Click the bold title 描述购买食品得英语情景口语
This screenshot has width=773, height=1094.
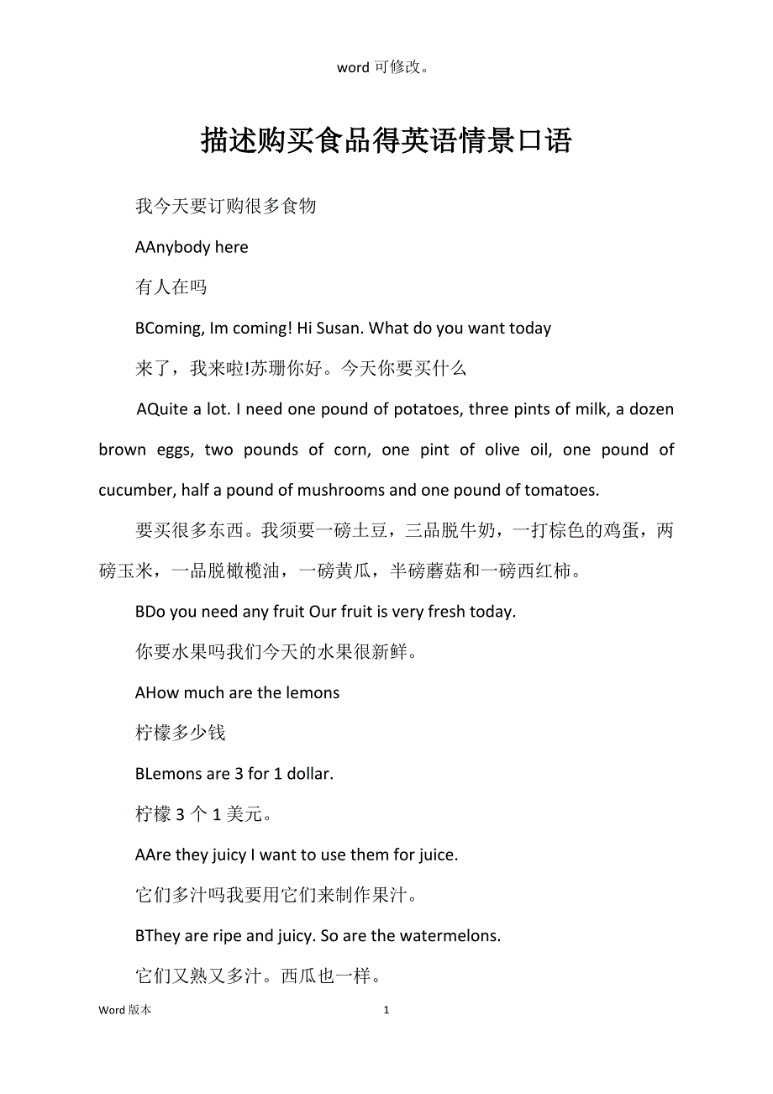(x=386, y=141)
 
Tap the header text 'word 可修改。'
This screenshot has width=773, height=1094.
(x=386, y=68)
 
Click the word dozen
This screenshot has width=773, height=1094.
(x=651, y=409)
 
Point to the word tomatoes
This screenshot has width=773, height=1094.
(x=555, y=490)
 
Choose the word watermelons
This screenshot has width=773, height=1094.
(x=450, y=935)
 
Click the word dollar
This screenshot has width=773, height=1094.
(x=309, y=773)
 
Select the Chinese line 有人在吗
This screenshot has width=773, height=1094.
(x=171, y=287)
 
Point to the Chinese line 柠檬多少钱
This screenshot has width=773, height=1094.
(x=180, y=733)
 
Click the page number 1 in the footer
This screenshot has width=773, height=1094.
(x=386, y=1010)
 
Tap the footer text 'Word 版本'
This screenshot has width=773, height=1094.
(x=125, y=1010)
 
